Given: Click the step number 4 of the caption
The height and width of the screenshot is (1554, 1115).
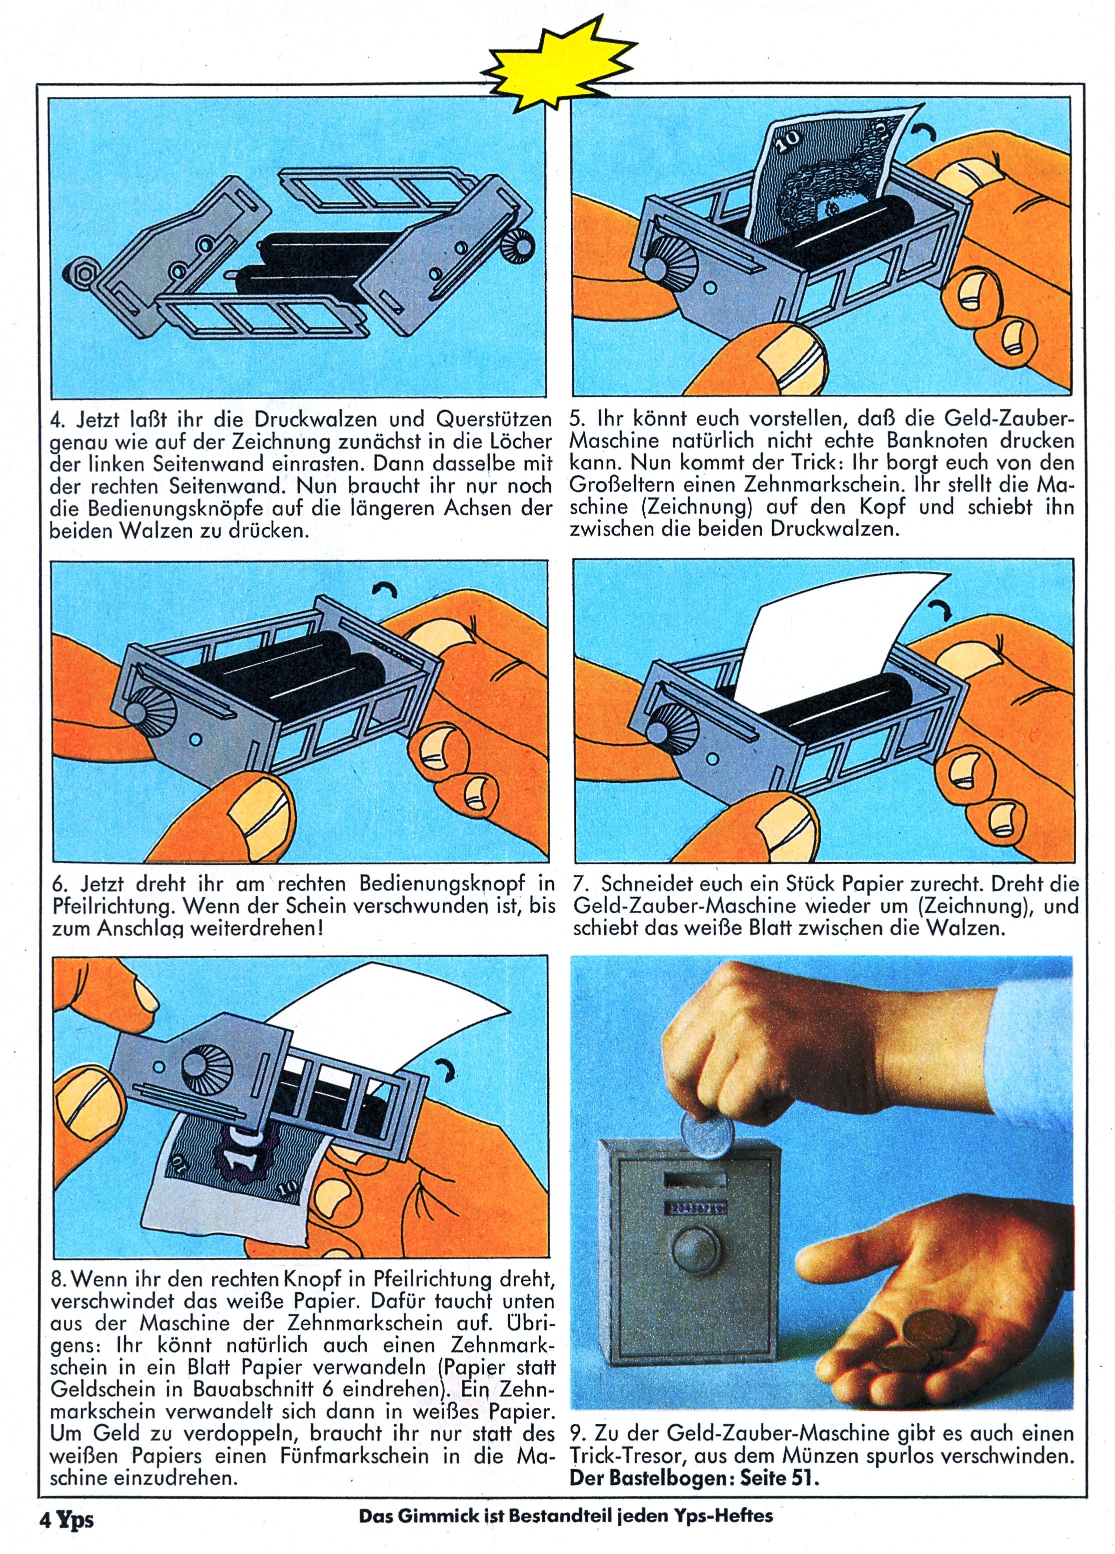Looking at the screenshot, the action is coord(57,418).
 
